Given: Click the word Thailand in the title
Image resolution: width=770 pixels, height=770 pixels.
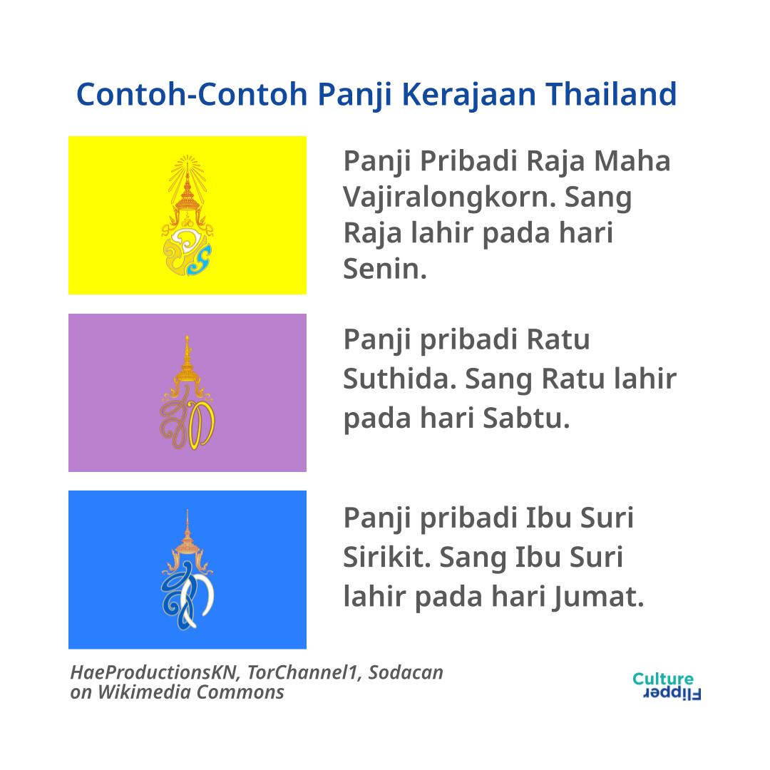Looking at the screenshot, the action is coord(612,94).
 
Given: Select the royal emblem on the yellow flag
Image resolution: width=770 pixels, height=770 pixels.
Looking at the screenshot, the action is coord(187,215).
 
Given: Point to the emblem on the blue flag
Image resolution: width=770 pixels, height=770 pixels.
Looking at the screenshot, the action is coord(187,570).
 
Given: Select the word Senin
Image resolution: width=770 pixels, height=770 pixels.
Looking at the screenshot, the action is coord(385,269).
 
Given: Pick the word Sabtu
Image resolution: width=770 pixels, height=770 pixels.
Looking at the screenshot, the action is coord(526,419).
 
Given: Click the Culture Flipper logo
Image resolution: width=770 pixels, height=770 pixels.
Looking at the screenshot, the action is coord(666,686).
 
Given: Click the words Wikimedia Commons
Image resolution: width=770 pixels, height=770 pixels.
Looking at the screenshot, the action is coord(191,692).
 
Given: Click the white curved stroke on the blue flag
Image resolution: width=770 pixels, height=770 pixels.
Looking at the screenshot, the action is coord(199,598).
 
